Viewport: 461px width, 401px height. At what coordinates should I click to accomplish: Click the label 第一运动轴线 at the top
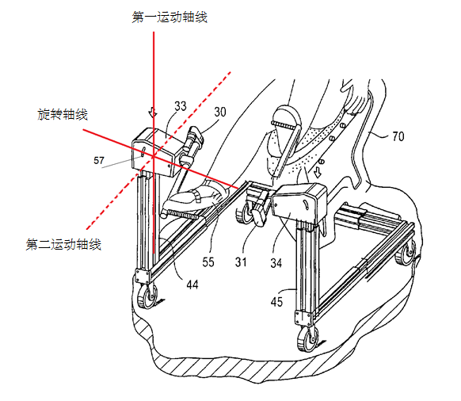170,17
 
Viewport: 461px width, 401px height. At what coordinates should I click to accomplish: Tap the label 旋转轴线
63,114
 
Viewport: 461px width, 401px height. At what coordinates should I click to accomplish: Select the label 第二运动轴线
63,245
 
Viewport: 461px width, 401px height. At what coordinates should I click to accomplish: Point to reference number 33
181,106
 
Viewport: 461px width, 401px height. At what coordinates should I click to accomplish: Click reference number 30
220,112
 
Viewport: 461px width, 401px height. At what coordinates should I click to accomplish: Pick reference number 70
398,136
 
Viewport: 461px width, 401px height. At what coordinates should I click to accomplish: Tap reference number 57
99,160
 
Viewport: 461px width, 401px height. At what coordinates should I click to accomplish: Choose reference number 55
208,262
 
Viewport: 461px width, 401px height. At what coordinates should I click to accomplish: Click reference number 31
241,262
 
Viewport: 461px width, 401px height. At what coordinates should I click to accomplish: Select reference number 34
276,263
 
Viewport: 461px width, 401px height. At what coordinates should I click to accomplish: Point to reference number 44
192,285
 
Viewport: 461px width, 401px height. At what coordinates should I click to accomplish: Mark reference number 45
276,302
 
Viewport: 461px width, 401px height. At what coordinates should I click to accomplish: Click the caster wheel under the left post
147,296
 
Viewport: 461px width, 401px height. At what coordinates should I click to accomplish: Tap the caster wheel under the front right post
307,339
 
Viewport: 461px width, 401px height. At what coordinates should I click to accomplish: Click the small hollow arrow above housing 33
153,112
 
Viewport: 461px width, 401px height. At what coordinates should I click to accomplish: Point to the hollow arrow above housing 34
318,173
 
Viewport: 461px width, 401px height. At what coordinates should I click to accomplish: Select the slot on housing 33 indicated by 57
143,152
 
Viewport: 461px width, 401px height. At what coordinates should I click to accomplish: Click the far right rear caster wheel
406,252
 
